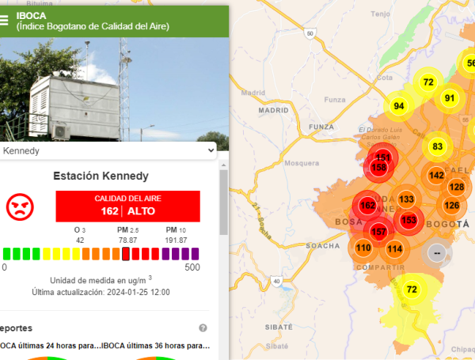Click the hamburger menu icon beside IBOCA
click(x=6, y=21)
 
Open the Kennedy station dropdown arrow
click(x=210, y=150)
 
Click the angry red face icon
click(x=21, y=207)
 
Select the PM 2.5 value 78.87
click(x=127, y=240)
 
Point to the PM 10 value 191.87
click(x=177, y=240)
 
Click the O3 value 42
click(x=80, y=240)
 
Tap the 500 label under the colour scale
click(x=192, y=267)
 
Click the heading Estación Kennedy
click(x=112, y=176)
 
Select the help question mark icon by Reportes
click(x=203, y=328)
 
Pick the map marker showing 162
click(x=367, y=206)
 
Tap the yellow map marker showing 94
click(x=398, y=106)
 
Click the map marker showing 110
click(x=363, y=248)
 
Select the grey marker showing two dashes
click(x=437, y=252)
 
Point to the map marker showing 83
click(x=438, y=146)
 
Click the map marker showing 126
click(x=451, y=206)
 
